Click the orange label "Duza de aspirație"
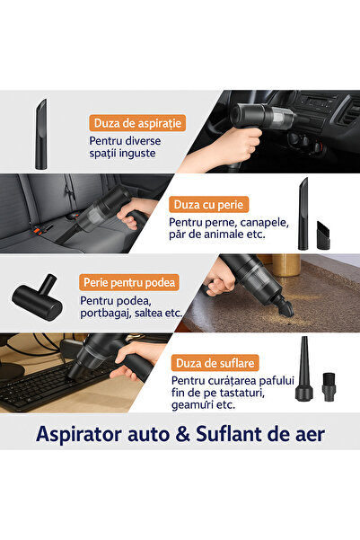(132, 123)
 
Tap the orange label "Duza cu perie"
(209, 205)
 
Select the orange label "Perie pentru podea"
(128, 282)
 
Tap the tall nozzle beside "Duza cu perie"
(303, 214)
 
